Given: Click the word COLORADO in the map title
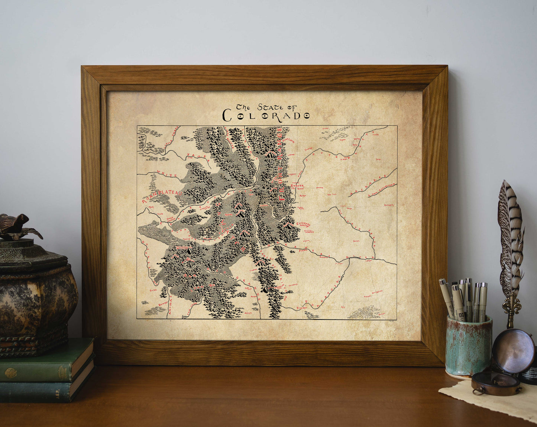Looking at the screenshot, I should (x=266, y=116).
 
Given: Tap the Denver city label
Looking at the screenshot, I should (x=297, y=185).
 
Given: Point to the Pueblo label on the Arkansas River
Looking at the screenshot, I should (x=304, y=251).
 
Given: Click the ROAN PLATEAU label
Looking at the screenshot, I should (x=161, y=196).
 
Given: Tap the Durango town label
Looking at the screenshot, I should (x=163, y=304).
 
